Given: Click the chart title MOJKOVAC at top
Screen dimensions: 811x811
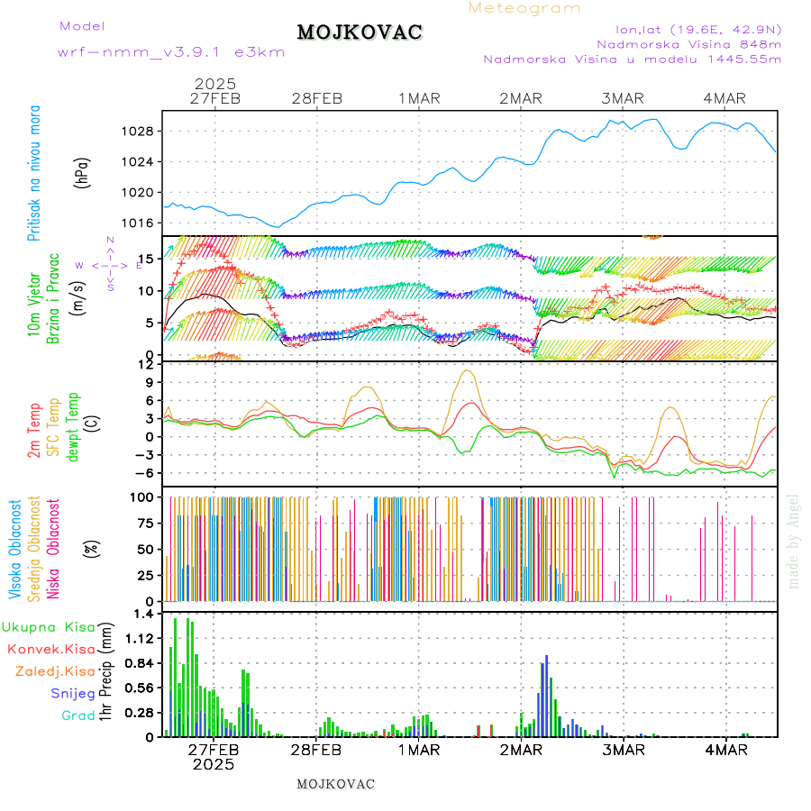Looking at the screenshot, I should (x=360, y=32).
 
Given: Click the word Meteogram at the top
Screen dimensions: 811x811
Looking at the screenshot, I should (x=524, y=8).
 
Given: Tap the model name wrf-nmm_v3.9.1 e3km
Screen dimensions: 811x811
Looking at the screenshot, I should (x=171, y=52).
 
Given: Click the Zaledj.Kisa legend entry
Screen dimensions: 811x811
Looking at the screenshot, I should (x=55, y=670).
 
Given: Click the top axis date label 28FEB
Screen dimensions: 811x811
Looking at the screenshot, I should (x=316, y=98).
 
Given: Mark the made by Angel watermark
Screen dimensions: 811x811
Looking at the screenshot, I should (x=793, y=541).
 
